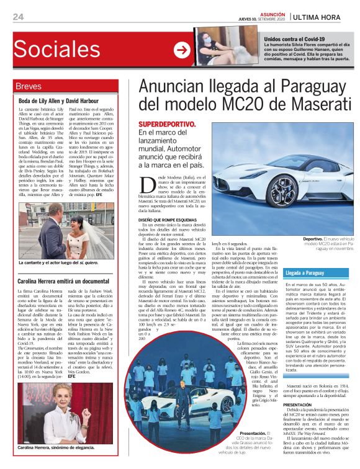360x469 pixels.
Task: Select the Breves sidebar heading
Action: click(x=29, y=86)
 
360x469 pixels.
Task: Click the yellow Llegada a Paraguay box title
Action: click(x=305, y=273)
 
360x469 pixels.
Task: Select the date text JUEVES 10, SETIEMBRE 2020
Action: click(x=261, y=19)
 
